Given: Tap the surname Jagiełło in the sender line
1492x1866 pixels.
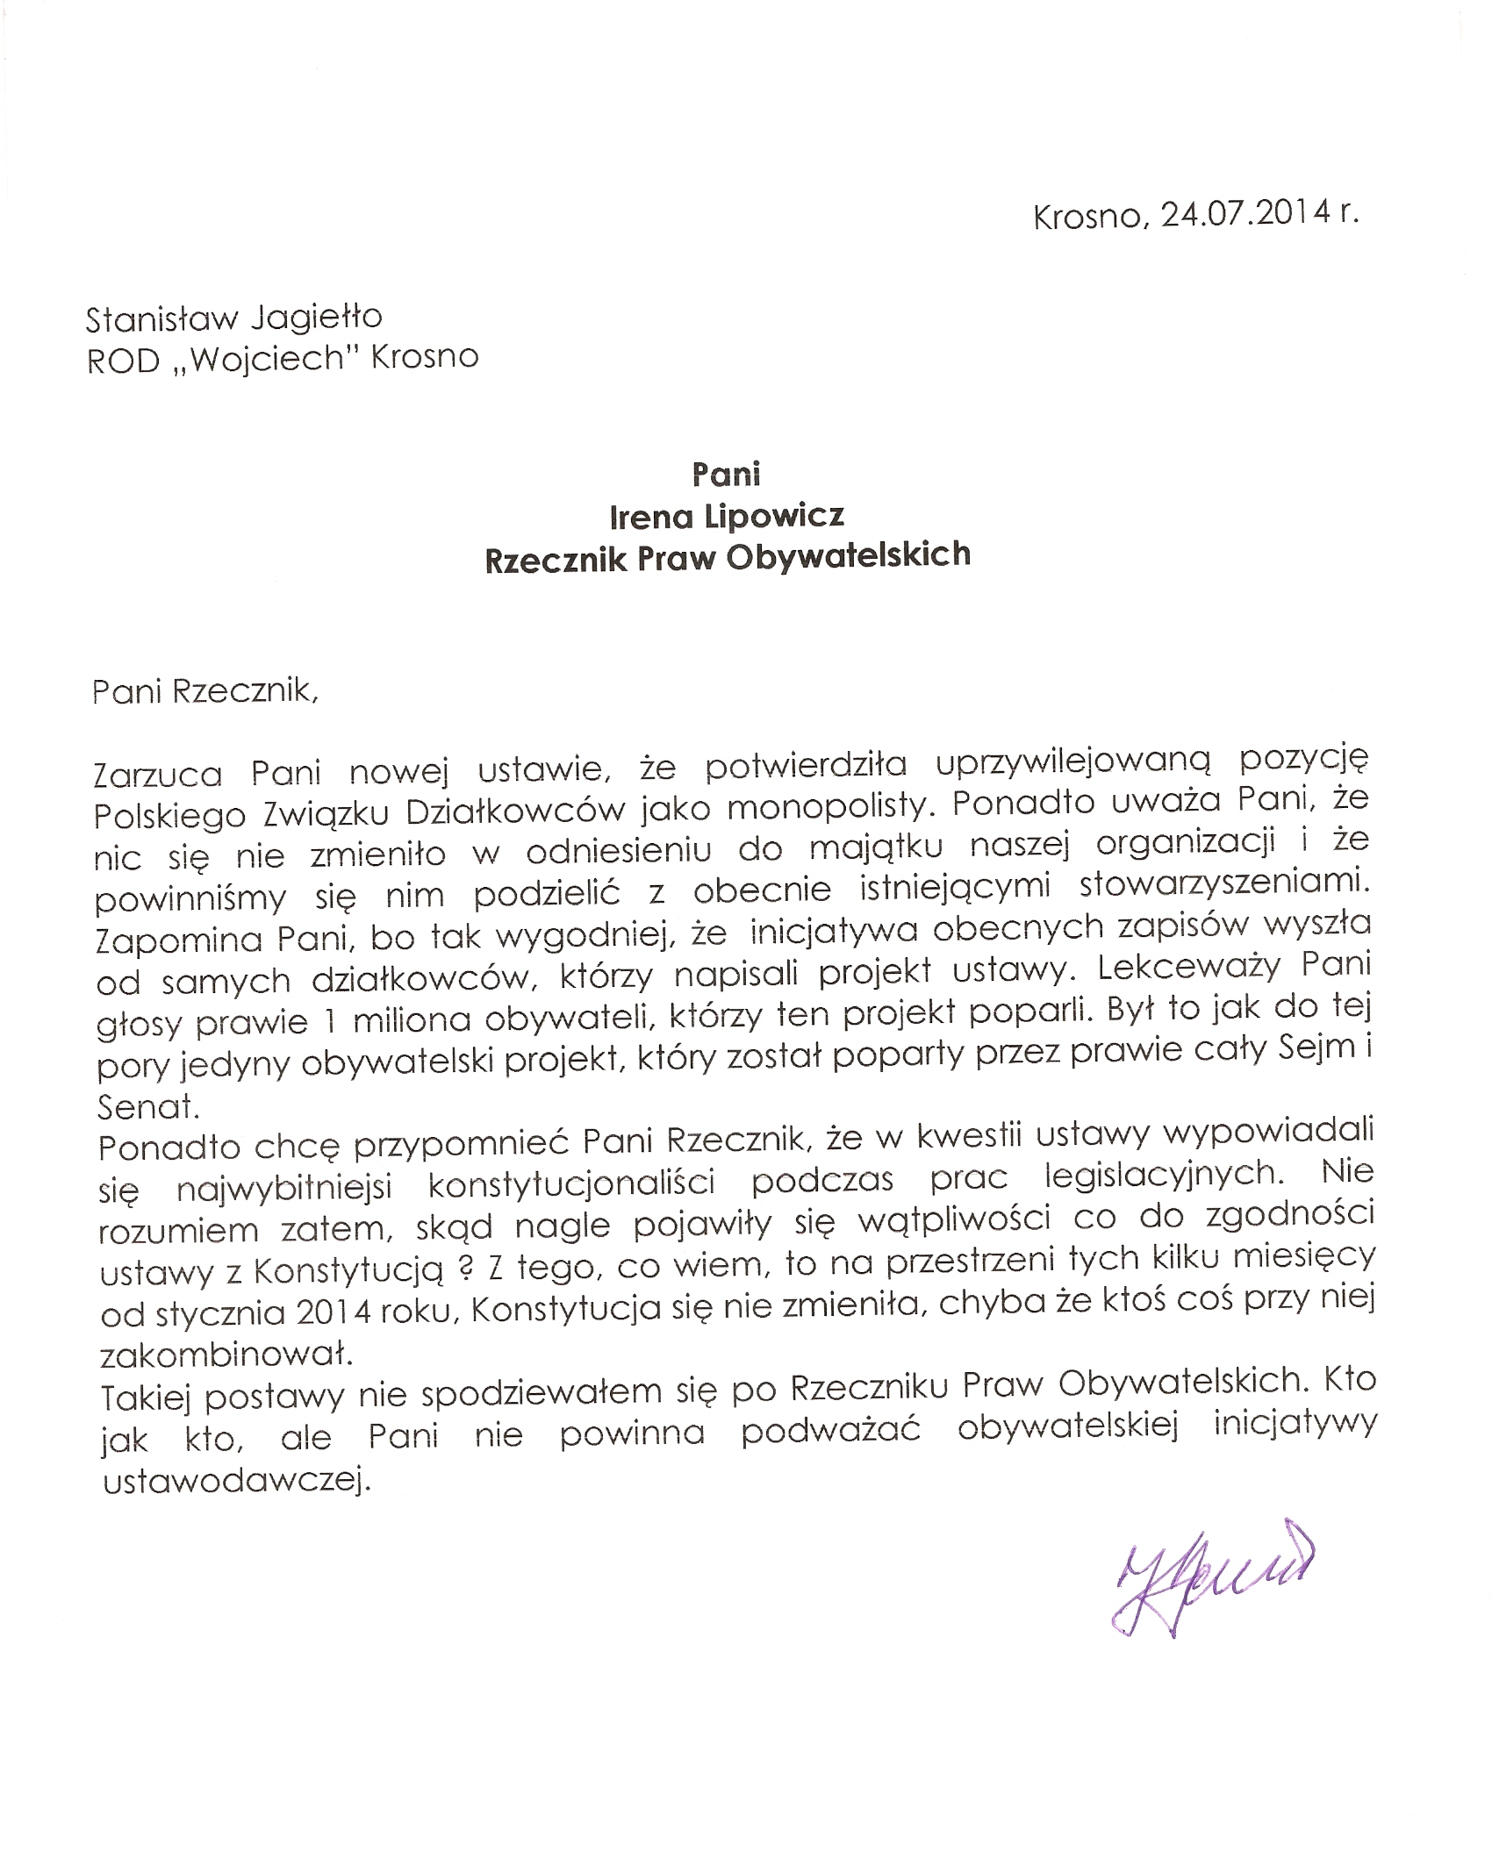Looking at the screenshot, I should pos(311,319).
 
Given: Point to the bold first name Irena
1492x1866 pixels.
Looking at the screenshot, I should pos(651,517).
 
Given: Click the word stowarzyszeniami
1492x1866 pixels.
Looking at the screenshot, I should pos(1224,889).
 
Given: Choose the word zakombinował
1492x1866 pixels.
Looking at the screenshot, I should pos(226,1355).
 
